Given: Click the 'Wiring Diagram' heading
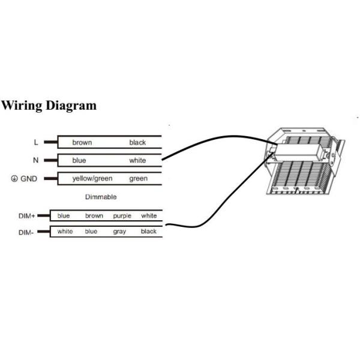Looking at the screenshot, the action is [x=49, y=106].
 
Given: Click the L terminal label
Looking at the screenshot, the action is [x=36, y=143].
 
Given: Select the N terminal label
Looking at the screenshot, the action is [x=36, y=160].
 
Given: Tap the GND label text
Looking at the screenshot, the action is [x=29, y=179].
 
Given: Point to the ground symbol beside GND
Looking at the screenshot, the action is [x=14, y=178].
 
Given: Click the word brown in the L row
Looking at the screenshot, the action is [x=82, y=143].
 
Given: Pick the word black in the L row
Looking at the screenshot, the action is [x=137, y=143].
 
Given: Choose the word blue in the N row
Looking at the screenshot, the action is [x=79, y=160].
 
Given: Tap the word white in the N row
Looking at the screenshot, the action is [x=137, y=160].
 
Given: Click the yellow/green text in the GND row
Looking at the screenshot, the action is [x=92, y=179].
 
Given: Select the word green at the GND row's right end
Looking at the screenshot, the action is [x=138, y=179].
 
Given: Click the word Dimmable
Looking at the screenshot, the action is [x=101, y=197].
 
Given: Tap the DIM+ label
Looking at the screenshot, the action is [x=26, y=216].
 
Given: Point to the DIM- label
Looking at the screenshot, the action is [x=26, y=233].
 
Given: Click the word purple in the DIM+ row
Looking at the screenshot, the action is [x=122, y=216].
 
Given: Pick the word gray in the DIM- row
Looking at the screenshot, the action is [x=119, y=232].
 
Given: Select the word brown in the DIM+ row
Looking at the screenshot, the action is [x=94, y=216].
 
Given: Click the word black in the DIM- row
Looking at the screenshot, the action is [x=149, y=231].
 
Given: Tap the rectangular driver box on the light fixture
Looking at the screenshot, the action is [x=298, y=152].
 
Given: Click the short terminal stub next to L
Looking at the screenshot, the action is [x=51, y=142].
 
